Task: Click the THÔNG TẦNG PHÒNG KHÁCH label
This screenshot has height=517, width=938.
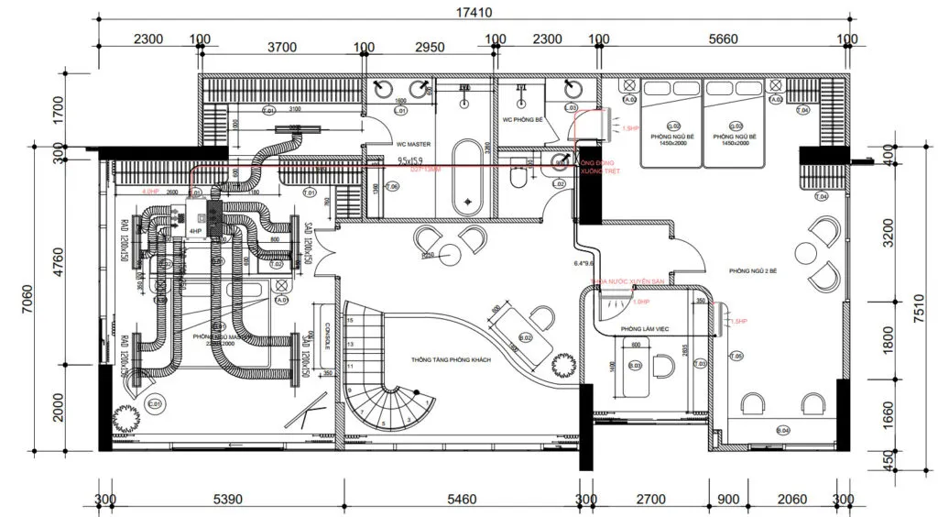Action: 451,360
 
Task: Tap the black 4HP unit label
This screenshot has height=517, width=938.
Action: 195,231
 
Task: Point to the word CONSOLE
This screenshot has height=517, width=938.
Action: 326,335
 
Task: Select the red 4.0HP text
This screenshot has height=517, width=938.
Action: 151,192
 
